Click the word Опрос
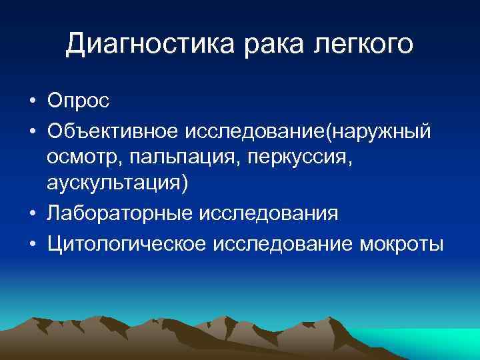[x=79, y=101]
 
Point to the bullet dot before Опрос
[x=32, y=102]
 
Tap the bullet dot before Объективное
[x=32, y=131]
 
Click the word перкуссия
[x=277, y=159]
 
